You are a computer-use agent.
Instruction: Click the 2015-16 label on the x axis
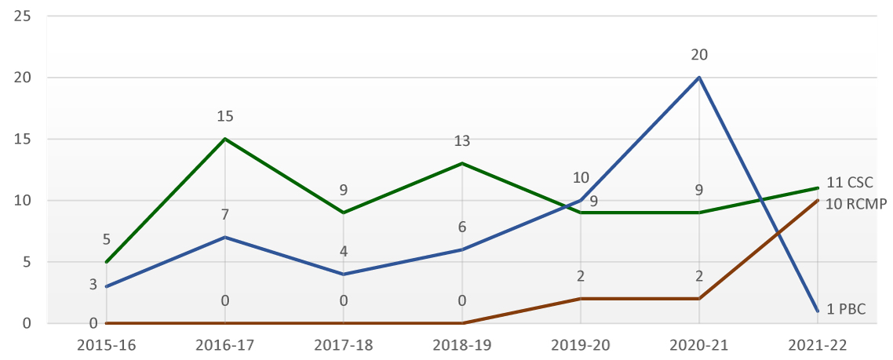coord(107,344)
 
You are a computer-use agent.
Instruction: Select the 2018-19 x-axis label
coord(462,344)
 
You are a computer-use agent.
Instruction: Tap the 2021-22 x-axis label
coord(817,344)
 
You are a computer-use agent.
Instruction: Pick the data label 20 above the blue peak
coord(698,55)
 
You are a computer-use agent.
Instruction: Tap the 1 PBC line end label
coord(846,309)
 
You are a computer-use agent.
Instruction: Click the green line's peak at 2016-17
coord(225,139)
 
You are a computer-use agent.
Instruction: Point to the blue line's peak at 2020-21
coord(698,78)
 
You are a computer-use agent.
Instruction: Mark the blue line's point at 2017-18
coord(344,274)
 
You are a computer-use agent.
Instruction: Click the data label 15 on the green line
coord(225,116)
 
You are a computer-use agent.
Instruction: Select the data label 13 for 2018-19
coord(462,141)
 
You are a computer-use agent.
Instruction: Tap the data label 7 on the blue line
coord(225,214)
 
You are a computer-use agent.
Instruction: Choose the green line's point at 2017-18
coord(344,213)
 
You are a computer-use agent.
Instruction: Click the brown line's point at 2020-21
coord(698,299)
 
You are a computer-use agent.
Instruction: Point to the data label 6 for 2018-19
coord(462,227)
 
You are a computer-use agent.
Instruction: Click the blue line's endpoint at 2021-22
coord(817,311)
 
